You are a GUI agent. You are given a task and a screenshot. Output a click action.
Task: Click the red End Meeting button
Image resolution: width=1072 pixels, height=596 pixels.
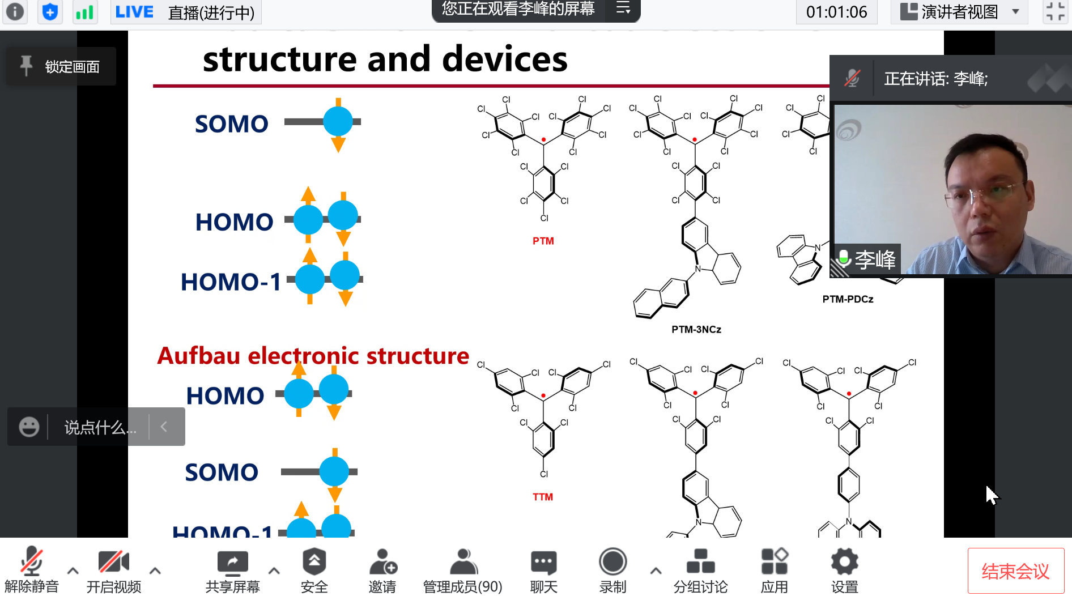click(x=1015, y=571)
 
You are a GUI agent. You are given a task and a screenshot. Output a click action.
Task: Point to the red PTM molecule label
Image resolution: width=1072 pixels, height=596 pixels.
click(x=543, y=241)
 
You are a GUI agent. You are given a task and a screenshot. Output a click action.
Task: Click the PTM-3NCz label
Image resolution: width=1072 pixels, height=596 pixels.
click(x=696, y=329)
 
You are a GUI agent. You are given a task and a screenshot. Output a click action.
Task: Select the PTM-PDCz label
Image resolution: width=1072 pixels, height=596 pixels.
click(x=848, y=299)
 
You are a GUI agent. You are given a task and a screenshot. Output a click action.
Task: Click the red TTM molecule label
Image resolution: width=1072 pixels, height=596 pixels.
click(x=542, y=497)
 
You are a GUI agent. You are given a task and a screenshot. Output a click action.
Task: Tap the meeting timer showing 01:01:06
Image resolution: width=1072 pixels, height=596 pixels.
click(x=836, y=12)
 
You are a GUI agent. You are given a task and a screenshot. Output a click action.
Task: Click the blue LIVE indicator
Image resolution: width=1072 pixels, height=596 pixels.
click(x=134, y=12)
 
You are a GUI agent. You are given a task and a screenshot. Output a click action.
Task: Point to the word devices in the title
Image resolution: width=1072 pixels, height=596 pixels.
click(x=504, y=59)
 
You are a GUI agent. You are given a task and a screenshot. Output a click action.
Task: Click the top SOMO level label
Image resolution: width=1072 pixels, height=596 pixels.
click(x=231, y=124)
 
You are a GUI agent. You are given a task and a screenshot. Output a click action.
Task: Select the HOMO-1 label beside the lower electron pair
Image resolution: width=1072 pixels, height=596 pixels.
click(x=231, y=282)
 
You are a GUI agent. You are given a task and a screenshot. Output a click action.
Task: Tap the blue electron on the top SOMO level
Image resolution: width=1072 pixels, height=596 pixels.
click(x=338, y=121)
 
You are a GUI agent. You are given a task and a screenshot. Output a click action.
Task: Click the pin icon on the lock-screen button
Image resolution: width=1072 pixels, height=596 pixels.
click(x=26, y=66)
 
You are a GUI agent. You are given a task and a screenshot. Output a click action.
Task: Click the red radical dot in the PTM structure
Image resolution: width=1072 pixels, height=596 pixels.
click(x=543, y=139)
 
